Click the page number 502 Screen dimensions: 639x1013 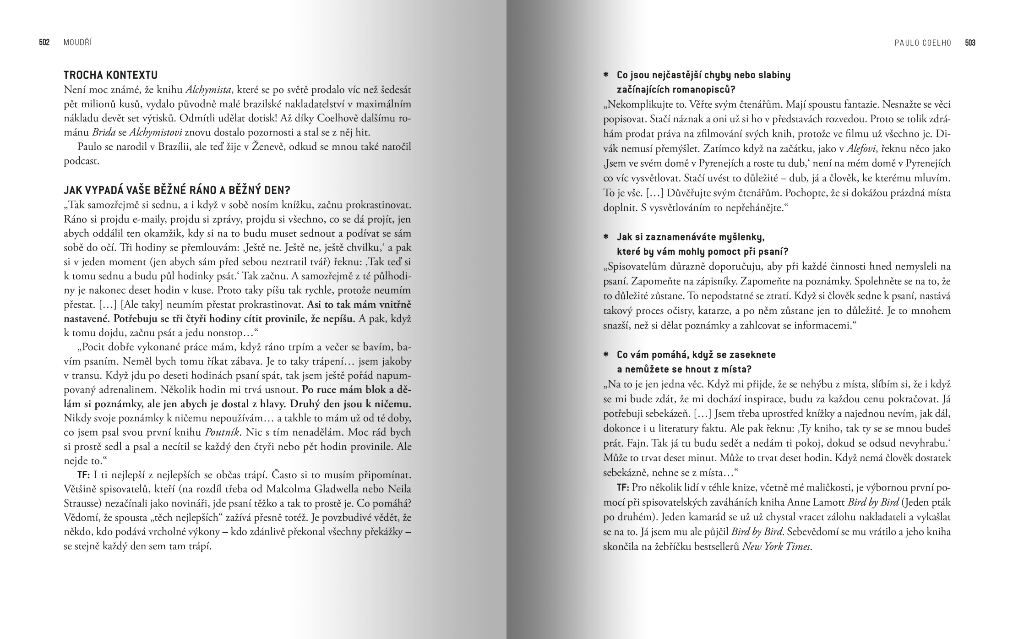click(44, 43)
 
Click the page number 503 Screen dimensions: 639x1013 click(970, 43)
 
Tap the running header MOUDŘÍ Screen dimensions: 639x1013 click(78, 43)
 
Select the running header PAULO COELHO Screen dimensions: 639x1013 click(923, 43)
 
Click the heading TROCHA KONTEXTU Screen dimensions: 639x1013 click(110, 75)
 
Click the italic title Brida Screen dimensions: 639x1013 click(103, 133)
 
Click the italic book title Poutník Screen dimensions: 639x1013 click(223, 432)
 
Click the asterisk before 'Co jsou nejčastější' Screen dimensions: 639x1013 click(606, 75)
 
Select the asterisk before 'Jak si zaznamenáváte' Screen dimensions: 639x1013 click(606, 237)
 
